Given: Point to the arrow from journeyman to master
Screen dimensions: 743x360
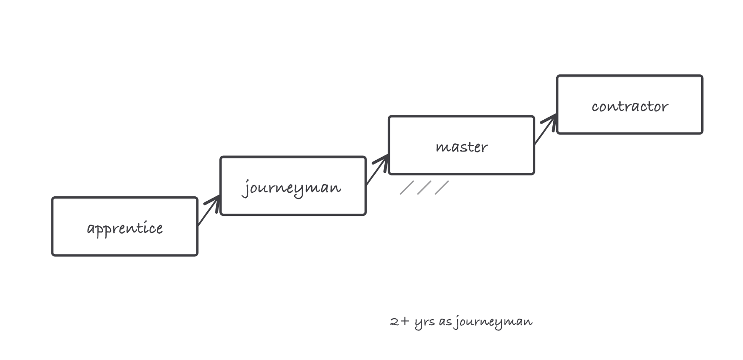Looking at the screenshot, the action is point(377,169).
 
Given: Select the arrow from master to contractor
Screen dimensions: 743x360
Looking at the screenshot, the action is point(546,129).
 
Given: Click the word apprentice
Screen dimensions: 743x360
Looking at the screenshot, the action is point(125,228).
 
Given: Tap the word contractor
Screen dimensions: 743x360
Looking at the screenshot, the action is point(630,107).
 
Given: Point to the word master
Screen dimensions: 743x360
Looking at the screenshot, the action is point(462,147).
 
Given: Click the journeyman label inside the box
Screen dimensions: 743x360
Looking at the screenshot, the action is point(291,188).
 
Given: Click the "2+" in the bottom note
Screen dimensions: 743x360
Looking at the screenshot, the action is point(400,321).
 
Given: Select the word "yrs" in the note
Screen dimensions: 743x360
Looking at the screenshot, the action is point(424,323).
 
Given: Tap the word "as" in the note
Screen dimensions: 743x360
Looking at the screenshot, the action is point(445,322).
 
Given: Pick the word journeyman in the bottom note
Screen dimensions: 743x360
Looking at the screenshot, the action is point(493,322).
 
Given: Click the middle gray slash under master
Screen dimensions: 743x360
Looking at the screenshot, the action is point(424,188).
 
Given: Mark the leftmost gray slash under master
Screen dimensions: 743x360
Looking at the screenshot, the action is point(407,188).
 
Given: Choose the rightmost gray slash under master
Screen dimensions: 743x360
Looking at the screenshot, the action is point(442,188).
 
